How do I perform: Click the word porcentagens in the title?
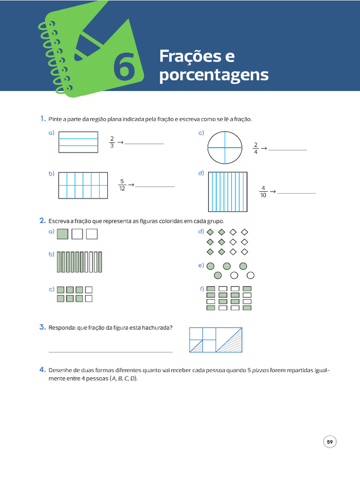click(x=214, y=75)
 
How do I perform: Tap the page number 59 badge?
click(x=330, y=442)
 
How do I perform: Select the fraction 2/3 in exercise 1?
click(x=112, y=142)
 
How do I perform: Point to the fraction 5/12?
click(x=122, y=185)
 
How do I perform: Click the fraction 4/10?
click(x=263, y=192)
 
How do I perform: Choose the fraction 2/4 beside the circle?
click(x=255, y=148)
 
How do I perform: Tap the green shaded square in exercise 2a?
click(x=63, y=233)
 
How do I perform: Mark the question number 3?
click(x=42, y=327)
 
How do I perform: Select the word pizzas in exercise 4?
click(x=261, y=370)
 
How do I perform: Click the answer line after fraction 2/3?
click(x=144, y=143)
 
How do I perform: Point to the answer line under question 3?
click(x=111, y=352)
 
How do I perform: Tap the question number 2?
click(x=42, y=220)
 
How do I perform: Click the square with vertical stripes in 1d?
click(x=228, y=192)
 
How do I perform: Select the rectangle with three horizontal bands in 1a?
click(x=78, y=142)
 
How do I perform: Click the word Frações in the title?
click(x=197, y=56)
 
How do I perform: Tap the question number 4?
click(x=42, y=370)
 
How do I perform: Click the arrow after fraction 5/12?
click(x=131, y=185)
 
